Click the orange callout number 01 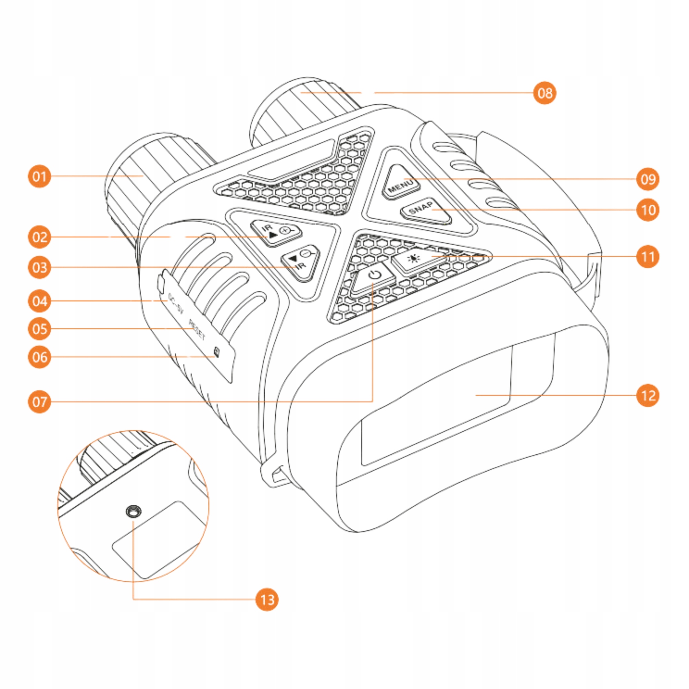(x=40, y=176)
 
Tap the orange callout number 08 (x=545, y=93)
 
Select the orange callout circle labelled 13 (x=267, y=599)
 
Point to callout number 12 (x=648, y=395)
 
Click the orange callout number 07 (x=40, y=402)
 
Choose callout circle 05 (x=40, y=329)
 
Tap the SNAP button (x=425, y=210)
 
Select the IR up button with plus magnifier (x=276, y=232)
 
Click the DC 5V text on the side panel (x=175, y=304)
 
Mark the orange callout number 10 (x=648, y=210)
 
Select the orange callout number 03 (x=40, y=267)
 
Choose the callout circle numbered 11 (x=648, y=256)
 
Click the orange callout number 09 (x=648, y=179)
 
